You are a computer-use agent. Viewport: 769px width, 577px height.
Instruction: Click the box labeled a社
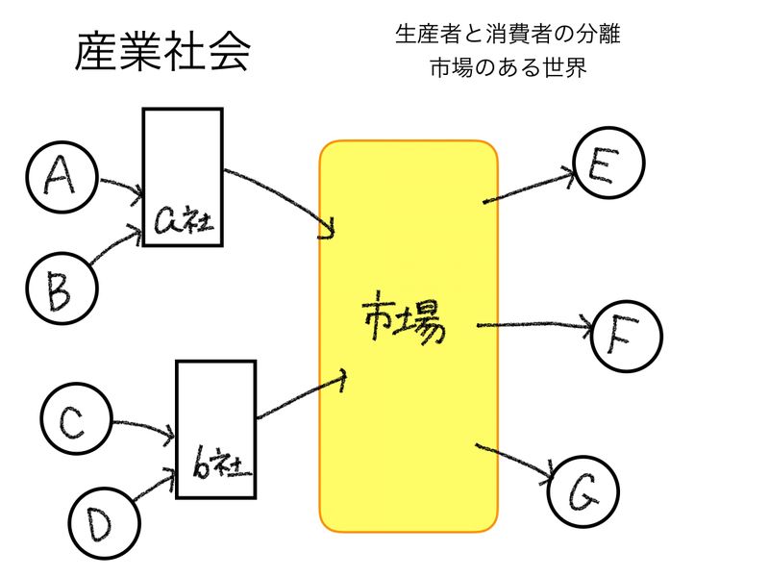183,177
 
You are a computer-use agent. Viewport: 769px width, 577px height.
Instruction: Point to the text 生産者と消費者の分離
508,35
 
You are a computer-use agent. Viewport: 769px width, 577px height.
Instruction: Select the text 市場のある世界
509,69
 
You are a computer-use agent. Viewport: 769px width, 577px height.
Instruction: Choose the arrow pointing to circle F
534,325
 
